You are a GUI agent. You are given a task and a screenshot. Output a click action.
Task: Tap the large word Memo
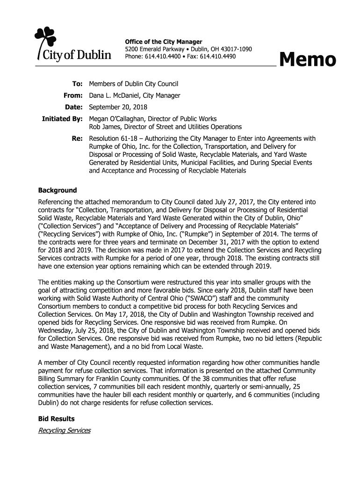tap(307, 60)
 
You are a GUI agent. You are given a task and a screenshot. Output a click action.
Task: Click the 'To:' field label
tap(77, 84)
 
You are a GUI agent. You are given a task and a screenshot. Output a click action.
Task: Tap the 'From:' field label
tap(73, 96)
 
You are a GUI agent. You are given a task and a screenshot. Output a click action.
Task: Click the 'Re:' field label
tap(77, 138)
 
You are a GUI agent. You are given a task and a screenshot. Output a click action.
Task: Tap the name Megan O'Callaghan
tap(118, 119)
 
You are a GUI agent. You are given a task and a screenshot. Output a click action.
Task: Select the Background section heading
tap(57, 190)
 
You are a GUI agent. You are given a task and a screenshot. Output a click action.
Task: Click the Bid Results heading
tap(56, 419)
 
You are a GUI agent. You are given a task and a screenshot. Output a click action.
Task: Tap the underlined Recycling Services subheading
tap(64, 430)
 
